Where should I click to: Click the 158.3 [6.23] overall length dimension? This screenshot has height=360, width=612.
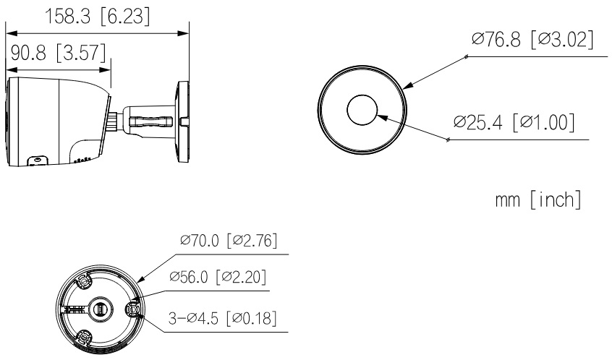click(98, 17)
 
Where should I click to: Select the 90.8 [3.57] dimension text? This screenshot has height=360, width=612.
click(58, 53)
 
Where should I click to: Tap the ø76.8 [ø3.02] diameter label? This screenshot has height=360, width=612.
click(532, 39)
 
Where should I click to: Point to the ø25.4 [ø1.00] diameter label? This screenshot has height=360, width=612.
click(514, 122)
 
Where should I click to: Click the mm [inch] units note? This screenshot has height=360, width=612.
click(538, 200)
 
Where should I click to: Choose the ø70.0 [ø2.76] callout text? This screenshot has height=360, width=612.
click(229, 240)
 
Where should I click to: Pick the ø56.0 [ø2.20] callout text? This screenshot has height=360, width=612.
click(218, 277)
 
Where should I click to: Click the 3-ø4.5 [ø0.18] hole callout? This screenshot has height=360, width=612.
click(223, 318)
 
